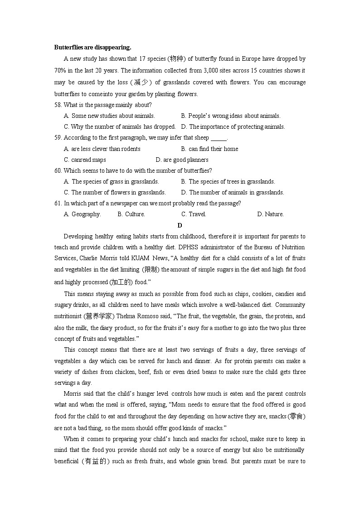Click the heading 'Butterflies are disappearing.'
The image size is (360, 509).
92,47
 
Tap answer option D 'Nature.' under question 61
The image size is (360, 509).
270,214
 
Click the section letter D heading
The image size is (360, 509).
180,225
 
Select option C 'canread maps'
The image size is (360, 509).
85,160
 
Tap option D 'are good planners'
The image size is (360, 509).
182,160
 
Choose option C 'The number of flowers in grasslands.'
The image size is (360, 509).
115,193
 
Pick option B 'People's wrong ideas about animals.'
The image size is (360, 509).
230,116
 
